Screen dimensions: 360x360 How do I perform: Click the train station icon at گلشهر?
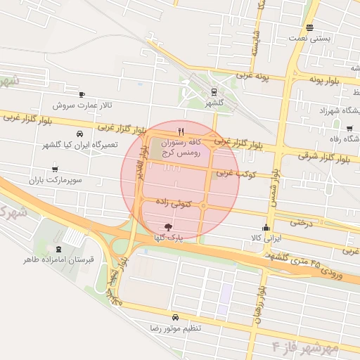(214, 91)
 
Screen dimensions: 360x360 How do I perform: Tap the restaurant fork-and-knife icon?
(181, 131)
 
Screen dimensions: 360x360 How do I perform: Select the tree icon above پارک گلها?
(167, 226)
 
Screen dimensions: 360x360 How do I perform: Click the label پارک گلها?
(169, 238)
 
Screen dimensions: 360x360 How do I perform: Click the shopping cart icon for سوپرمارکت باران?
(55, 169)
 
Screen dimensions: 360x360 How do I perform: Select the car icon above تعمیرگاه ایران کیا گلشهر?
(79, 133)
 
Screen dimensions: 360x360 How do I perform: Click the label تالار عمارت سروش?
(81, 105)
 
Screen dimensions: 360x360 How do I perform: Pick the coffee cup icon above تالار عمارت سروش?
(82, 94)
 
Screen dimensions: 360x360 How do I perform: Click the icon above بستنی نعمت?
(310, 29)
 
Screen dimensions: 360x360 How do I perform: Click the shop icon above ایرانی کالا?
(266, 227)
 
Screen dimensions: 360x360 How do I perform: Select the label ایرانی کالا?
(266, 238)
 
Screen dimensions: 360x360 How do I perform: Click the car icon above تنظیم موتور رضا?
(175, 317)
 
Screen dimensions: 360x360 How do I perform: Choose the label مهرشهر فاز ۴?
(305, 347)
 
